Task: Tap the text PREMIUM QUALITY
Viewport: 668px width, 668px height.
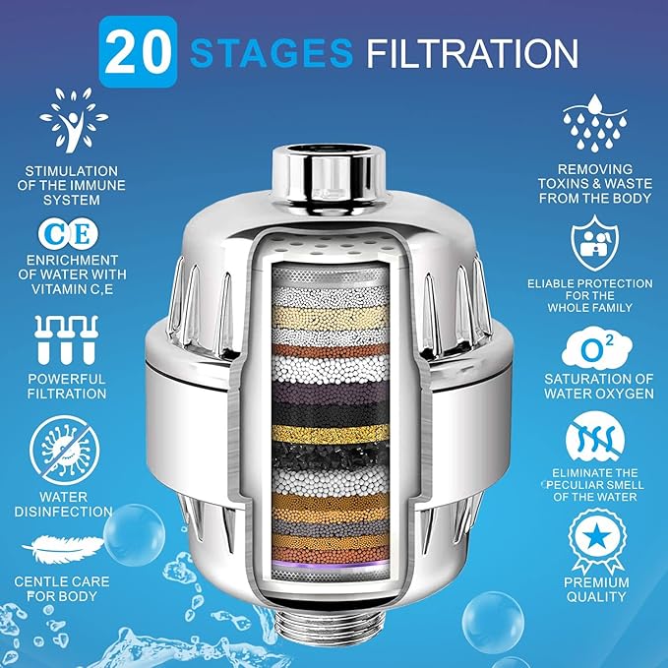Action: pyautogui.click(x=596, y=588)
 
